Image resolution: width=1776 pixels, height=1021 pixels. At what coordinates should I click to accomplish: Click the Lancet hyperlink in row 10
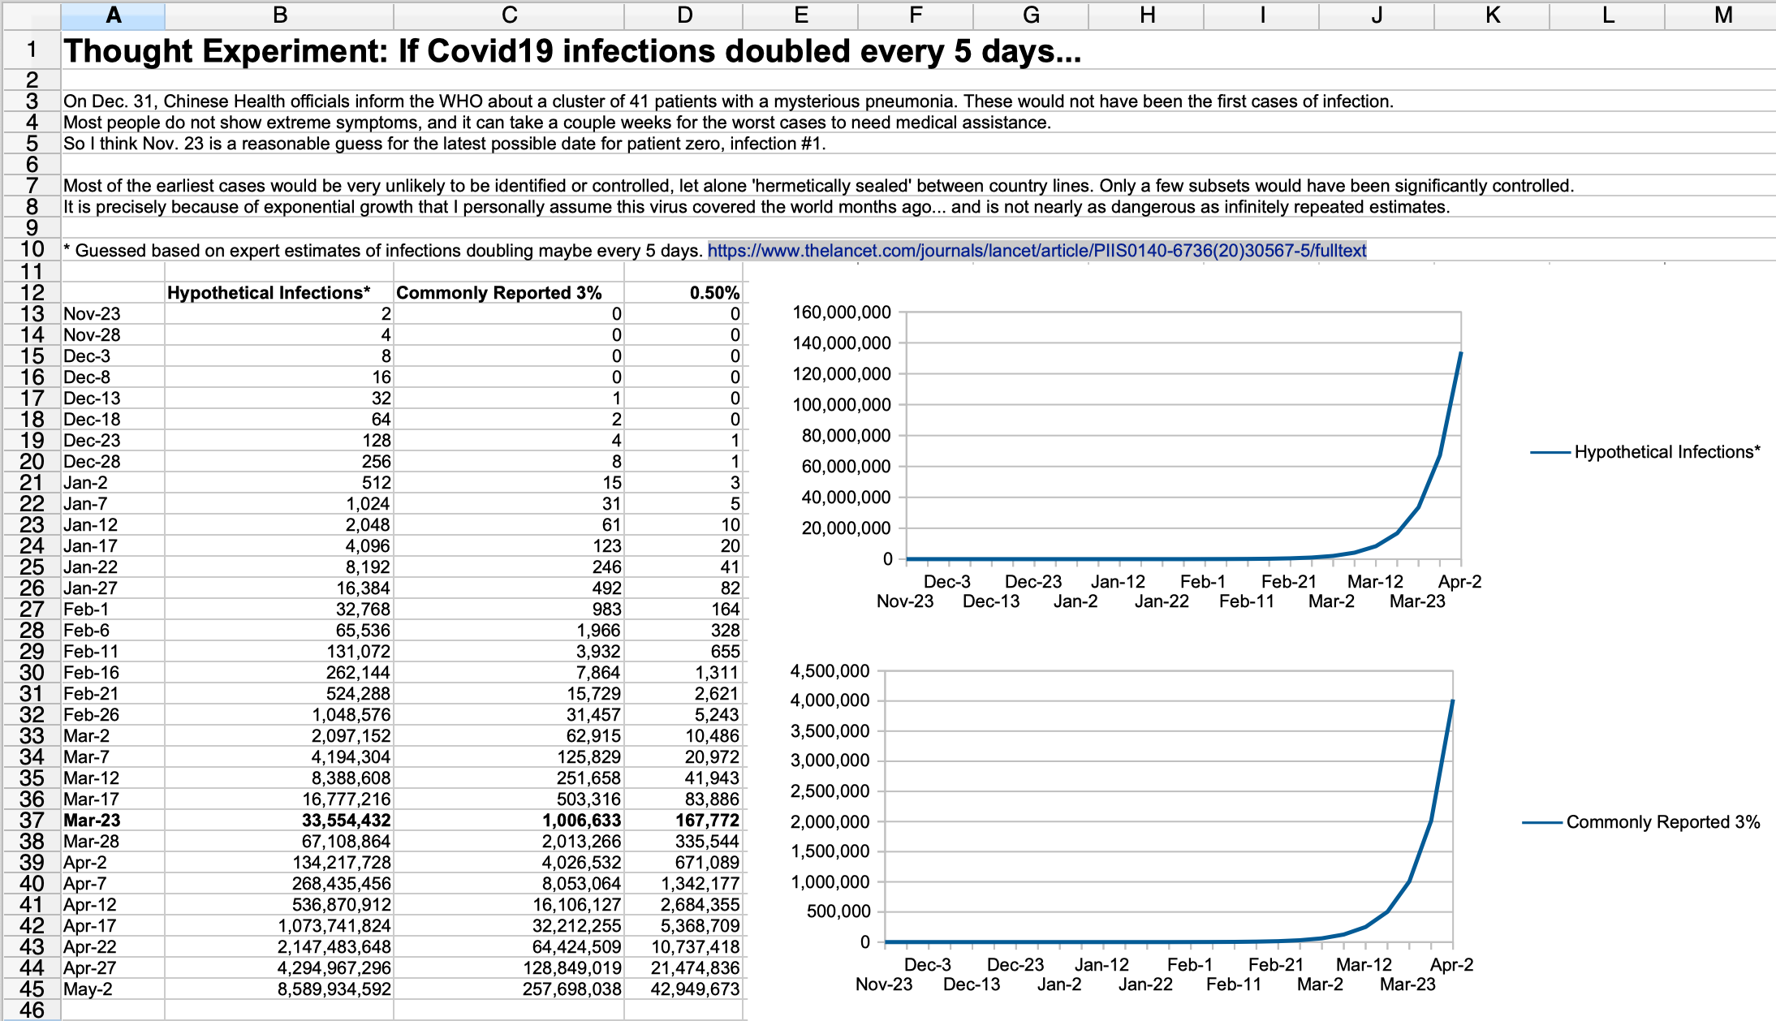tap(1037, 251)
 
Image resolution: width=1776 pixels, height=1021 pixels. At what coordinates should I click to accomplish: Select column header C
tap(509, 15)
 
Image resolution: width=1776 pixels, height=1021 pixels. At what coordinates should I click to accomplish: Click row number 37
tap(32, 821)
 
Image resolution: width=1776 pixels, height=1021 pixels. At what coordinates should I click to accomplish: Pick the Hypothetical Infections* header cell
tap(269, 293)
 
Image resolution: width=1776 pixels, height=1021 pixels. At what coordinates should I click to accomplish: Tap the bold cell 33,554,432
tap(347, 821)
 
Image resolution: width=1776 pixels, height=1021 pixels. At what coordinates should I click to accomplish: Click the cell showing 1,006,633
tap(581, 821)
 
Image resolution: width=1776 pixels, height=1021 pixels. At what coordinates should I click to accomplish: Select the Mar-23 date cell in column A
tap(92, 821)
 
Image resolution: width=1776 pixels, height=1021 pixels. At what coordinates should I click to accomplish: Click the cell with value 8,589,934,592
tap(334, 989)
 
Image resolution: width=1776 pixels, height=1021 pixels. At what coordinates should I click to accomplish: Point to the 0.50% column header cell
tap(714, 293)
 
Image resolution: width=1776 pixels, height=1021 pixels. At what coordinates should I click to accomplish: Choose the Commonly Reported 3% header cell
tap(498, 293)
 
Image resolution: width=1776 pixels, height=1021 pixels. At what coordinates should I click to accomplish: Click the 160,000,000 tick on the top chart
tap(842, 312)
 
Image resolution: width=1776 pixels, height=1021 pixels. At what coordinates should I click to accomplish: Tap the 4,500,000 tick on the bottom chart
tap(830, 671)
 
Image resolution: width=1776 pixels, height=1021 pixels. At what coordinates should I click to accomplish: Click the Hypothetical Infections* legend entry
tap(1666, 452)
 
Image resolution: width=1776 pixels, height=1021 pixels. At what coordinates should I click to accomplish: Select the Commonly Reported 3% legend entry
tap(1662, 822)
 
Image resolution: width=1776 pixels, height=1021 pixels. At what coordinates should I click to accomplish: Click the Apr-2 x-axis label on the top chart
tap(1459, 582)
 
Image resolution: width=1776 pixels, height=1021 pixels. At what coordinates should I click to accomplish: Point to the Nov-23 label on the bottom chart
tap(884, 984)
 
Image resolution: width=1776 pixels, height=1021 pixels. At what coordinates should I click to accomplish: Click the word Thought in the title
tap(129, 52)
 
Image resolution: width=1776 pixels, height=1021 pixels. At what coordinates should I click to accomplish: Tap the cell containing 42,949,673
tap(696, 989)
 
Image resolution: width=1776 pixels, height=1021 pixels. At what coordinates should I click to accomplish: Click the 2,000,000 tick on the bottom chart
tap(830, 821)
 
